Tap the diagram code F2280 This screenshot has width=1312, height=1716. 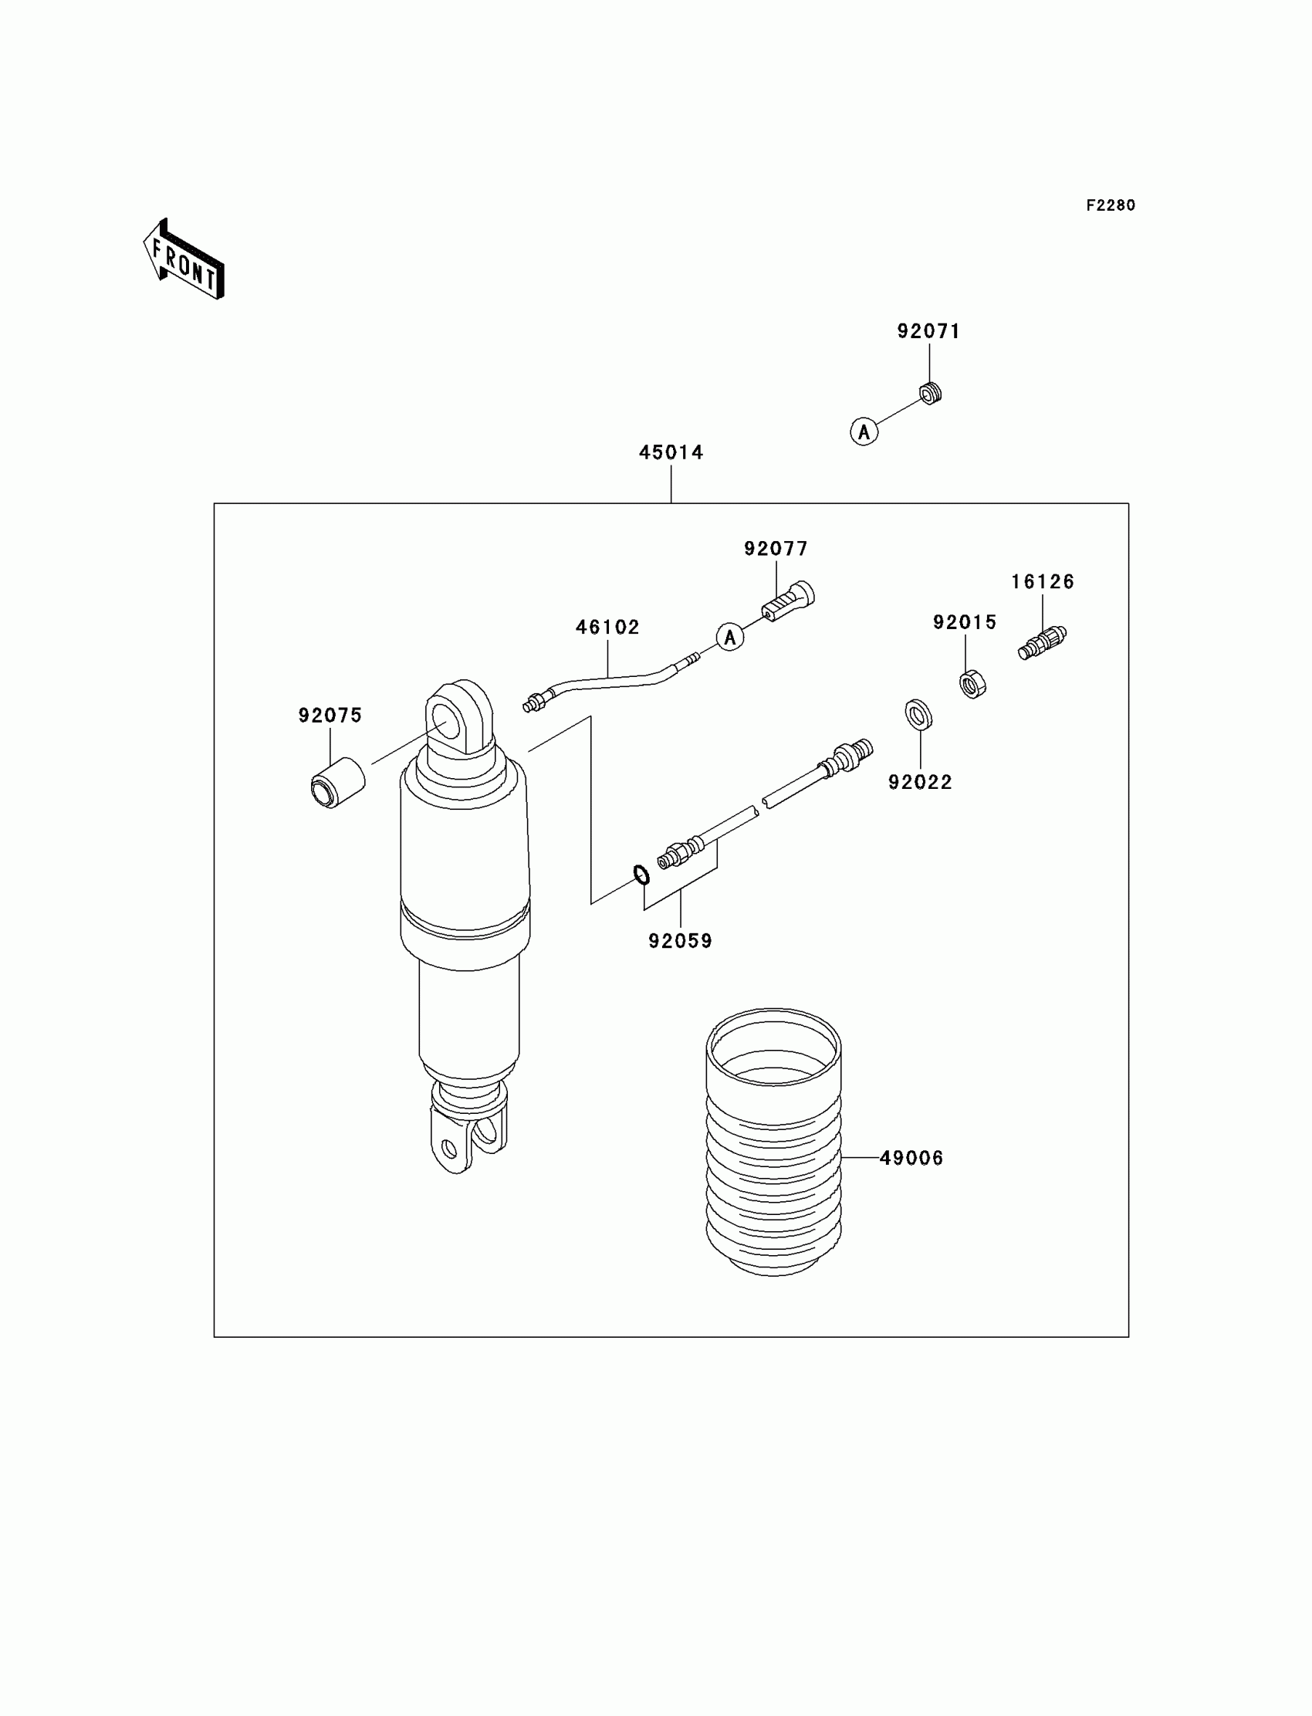[1111, 205]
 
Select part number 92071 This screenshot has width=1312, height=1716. [928, 331]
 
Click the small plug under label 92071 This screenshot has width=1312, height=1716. [929, 394]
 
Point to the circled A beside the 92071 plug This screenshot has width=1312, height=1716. [864, 432]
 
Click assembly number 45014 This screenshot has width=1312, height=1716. [671, 452]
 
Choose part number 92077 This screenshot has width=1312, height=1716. [776, 549]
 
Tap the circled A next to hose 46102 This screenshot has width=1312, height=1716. [730, 638]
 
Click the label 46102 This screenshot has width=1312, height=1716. [607, 628]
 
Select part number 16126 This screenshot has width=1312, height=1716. [1043, 582]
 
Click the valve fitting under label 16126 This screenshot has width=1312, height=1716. [1043, 643]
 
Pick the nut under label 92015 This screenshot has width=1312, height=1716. [972, 684]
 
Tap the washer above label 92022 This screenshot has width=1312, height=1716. [918, 714]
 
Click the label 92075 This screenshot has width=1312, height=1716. [330, 716]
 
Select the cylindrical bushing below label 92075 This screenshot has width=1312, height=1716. [338, 783]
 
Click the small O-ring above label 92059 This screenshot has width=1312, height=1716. [641, 875]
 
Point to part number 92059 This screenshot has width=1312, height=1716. [680, 941]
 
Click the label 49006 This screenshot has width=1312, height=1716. [911, 1158]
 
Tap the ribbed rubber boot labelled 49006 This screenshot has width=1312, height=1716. [774, 1148]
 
